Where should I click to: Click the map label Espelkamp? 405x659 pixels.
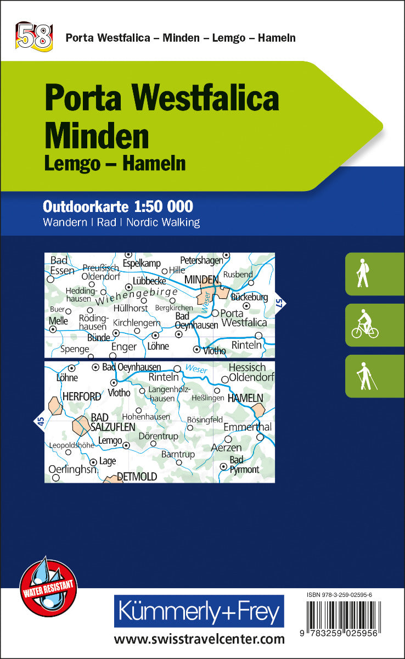[142, 264]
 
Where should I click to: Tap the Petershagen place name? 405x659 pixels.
[203, 260]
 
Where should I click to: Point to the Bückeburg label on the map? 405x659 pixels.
[249, 297]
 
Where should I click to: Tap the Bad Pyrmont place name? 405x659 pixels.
[244, 465]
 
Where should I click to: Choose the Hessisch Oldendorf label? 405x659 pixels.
[246, 373]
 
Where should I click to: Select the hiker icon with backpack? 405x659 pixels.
[362, 274]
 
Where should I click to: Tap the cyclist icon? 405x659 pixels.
[365, 326]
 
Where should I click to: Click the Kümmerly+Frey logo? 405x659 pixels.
[199, 611]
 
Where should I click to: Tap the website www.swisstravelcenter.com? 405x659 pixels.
[199, 639]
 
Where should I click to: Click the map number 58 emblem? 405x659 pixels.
[34, 36]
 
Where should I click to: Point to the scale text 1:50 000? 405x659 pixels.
[164, 206]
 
